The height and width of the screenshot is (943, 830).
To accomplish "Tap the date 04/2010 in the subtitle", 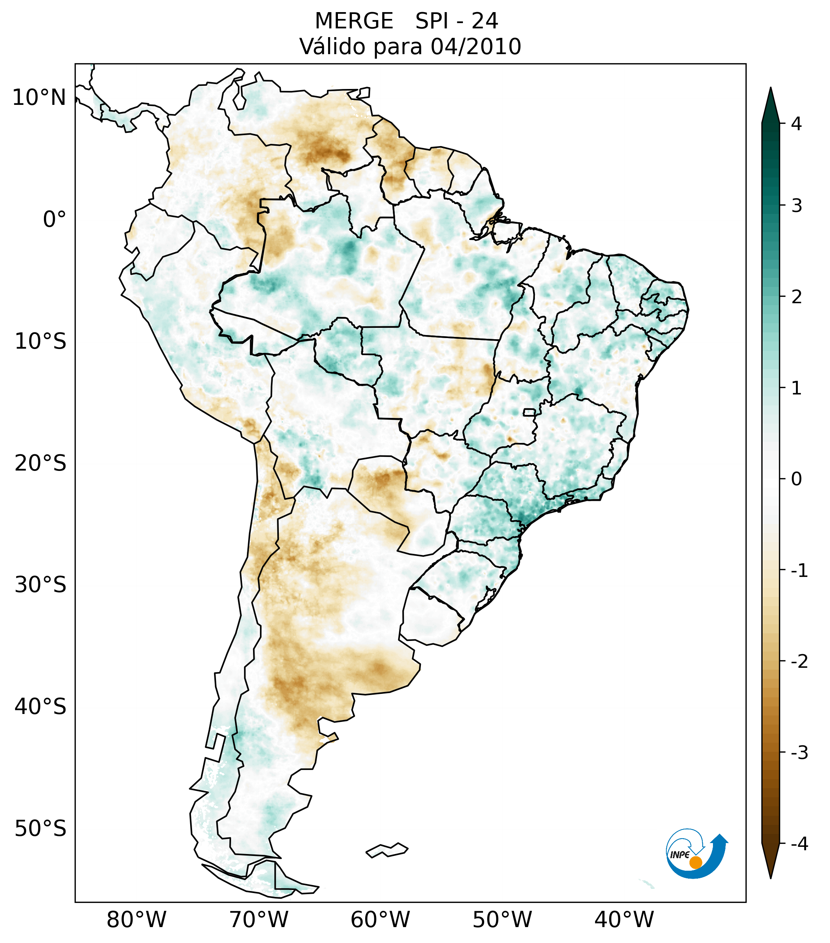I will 475,47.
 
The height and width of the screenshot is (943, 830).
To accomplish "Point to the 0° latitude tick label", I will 55,220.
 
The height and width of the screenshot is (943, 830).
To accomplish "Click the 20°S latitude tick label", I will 41,463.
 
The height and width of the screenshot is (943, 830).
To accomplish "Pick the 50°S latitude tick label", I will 41,829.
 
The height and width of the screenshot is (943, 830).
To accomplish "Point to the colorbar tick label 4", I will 796,124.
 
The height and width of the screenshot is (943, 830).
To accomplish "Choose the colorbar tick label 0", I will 796,479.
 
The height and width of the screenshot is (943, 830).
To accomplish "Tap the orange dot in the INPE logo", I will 696,862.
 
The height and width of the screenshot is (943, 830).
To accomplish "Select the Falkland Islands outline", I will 387,849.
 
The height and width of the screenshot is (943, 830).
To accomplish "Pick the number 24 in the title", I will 485,21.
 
